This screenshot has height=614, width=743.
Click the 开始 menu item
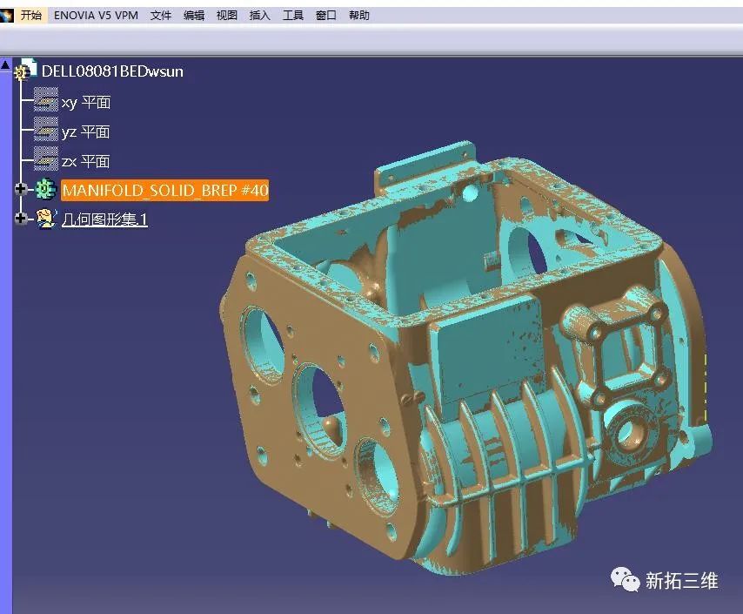pyautogui.click(x=30, y=15)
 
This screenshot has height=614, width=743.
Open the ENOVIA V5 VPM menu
pyautogui.click(x=97, y=15)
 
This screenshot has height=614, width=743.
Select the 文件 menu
pyautogui.click(x=161, y=15)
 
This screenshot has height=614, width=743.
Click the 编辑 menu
pyautogui.click(x=194, y=15)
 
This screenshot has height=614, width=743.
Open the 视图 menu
pyautogui.click(x=227, y=15)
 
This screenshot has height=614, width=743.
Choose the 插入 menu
pyautogui.click(x=259, y=15)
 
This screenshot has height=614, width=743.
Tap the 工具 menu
pyautogui.click(x=293, y=15)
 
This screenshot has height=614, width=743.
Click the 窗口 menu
pyautogui.click(x=326, y=15)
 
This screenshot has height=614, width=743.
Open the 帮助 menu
pyautogui.click(x=359, y=15)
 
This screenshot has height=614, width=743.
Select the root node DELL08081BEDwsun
pyautogui.click(x=112, y=71)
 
